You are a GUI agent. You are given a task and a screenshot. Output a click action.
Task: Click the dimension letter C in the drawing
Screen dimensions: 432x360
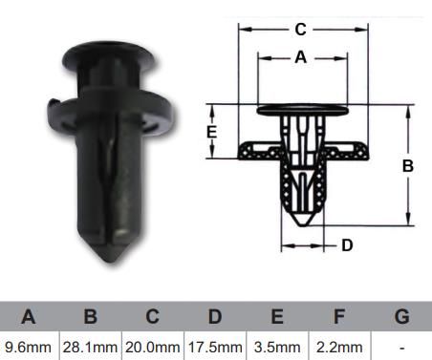(x=300, y=30)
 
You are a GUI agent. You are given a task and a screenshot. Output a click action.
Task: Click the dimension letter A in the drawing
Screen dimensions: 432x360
(x=301, y=57)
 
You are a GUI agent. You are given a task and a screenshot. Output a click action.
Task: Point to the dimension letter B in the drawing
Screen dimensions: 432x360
(x=408, y=166)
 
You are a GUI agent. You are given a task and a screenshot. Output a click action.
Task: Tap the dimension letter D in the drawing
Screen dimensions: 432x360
(x=347, y=245)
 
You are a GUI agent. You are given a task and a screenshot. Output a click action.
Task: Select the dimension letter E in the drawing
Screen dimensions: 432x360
(x=212, y=132)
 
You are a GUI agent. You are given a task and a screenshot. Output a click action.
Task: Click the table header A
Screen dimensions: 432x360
(x=28, y=316)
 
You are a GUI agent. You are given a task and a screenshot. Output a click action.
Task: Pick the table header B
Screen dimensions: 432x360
(x=91, y=316)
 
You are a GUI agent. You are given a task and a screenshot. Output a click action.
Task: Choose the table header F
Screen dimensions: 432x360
(x=339, y=316)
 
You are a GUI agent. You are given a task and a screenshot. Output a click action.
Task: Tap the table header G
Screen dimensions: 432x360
(x=401, y=316)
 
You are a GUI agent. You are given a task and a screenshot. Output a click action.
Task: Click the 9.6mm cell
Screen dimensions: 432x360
(x=28, y=348)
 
